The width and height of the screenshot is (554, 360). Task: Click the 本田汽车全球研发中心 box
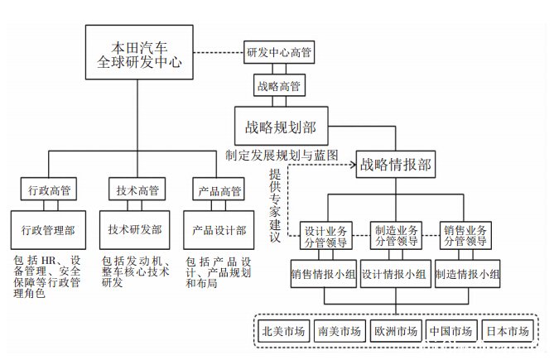[139, 52]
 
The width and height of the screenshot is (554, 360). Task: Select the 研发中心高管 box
[279, 52]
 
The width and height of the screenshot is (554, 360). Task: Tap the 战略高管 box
[279, 85]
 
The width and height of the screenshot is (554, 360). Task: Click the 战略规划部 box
[282, 126]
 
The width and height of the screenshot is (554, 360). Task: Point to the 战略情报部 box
[395, 164]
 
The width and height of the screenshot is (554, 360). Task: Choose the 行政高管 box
[49, 190]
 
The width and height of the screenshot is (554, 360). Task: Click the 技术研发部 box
[135, 230]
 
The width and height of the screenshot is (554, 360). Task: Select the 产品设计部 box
[219, 230]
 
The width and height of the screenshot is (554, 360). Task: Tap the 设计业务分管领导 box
[325, 236]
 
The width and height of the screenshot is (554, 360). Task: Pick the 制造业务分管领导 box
[396, 235]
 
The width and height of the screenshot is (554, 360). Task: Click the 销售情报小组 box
[323, 274]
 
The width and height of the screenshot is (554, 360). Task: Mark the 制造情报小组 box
[467, 274]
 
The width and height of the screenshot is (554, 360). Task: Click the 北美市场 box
[284, 331]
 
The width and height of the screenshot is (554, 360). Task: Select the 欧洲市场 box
[396, 331]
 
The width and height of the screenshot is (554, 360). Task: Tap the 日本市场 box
[508, 331]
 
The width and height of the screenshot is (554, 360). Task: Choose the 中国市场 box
[451, 331]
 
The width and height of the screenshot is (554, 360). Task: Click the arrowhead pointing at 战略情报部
[353, 165]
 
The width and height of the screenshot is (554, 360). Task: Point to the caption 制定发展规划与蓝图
[282, 155]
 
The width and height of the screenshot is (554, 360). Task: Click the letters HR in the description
[49, 261]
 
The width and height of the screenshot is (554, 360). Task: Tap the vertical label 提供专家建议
[275, 205]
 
